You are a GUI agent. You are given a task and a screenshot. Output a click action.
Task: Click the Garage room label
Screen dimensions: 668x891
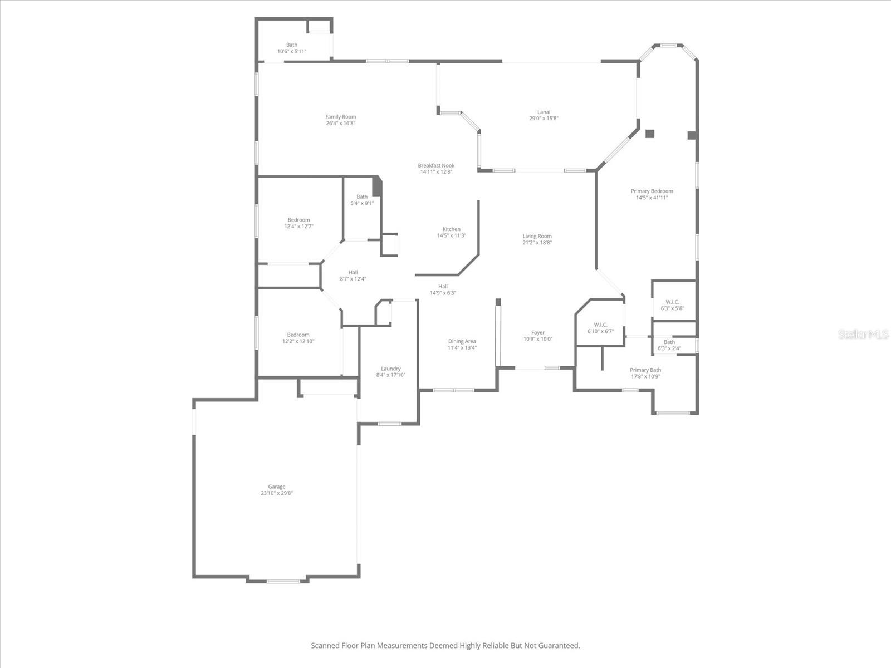click(x=276, y=487)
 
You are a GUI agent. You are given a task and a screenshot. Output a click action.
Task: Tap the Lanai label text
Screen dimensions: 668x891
click(x=544, y=112)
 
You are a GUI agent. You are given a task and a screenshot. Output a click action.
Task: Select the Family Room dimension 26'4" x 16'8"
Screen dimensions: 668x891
click(x=340, y=124)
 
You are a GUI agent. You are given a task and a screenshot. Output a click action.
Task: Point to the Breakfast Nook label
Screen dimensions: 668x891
click(x=436, y=166)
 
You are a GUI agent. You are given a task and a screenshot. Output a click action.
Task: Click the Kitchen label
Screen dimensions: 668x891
click(x=451, y=229)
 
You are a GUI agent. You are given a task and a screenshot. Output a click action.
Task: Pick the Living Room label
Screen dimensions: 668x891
click(x=537, y=237)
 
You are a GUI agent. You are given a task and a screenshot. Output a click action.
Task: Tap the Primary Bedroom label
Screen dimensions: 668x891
click(x=652, y=191)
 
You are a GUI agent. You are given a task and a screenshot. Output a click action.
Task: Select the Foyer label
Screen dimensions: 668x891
click(x=537, y=333)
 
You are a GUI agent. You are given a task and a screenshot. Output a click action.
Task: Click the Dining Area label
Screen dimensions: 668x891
click(x=462, y=342)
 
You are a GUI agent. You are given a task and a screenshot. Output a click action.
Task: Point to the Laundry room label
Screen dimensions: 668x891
click(x=390, y=369)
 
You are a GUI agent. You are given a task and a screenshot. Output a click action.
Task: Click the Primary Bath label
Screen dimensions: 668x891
click(x=645, y=370)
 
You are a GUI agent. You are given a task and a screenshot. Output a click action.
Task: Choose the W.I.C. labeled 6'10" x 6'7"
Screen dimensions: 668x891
click(x=600, y=328)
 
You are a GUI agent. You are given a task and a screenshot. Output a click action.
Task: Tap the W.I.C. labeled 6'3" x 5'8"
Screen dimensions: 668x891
click(x=672, y=305)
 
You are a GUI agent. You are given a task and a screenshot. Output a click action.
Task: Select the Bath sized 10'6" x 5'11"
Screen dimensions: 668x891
click(x=292, y=48)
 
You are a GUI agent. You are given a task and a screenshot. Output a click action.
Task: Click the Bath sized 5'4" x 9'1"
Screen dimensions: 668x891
click(x=362, y=200)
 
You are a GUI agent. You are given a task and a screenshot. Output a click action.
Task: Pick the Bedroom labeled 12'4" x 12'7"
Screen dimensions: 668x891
click(x=298, y=223)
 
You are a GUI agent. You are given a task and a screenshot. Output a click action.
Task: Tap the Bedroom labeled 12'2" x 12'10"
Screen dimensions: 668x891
click(x=298, y=338)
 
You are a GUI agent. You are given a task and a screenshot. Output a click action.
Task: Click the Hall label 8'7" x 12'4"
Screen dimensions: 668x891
click(x=353, y=276)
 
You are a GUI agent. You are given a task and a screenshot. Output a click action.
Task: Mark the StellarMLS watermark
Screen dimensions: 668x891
click(x=863, y=334)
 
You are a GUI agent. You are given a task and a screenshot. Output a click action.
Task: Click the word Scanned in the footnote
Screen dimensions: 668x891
click(x=325, y=646)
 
